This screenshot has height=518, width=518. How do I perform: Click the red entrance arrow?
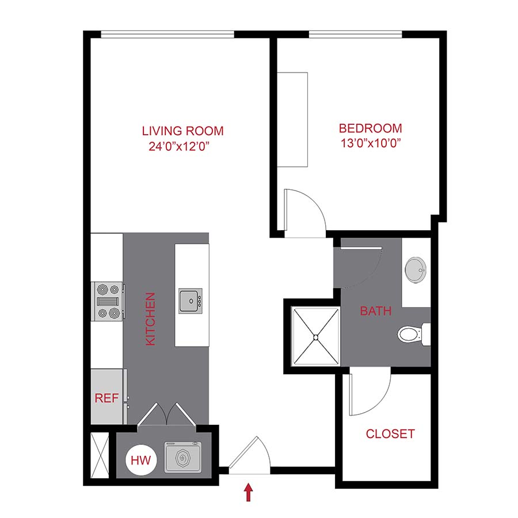coord(249,492)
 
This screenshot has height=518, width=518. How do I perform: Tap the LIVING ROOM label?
coord(182,131)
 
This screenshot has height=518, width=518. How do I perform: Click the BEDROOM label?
coord(370,128)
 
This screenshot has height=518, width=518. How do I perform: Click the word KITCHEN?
coord(150,319)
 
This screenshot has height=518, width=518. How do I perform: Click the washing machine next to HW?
coord(184,458)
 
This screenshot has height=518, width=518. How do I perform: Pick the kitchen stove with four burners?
coord(108,300)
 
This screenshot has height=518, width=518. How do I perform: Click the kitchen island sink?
coord(191,301)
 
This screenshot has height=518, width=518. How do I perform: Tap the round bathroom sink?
coord(415,268)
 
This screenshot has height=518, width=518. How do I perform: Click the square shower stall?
coord(315,336)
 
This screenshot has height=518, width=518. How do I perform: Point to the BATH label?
coord(376,311)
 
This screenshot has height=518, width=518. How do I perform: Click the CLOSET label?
coord(390,434)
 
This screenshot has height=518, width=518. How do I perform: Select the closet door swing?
coord(370,394)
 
